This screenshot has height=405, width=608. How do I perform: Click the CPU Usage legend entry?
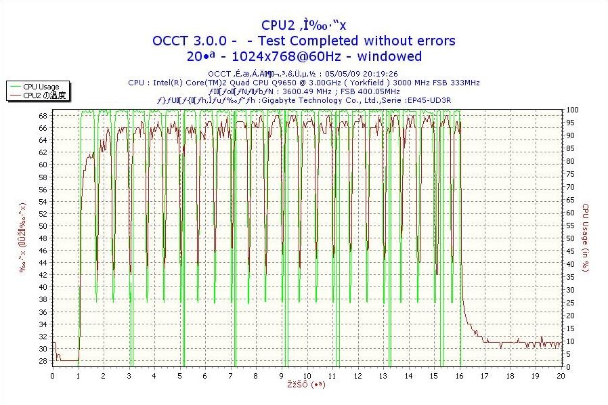(x=41, y=87)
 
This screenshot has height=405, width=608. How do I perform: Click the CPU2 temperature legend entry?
(x=44, y=95)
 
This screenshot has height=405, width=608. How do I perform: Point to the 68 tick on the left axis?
(x=43, y=116)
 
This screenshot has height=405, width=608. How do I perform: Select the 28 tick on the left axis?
(x=43, y=361)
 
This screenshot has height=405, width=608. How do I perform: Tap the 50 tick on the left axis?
(x=43, y=226)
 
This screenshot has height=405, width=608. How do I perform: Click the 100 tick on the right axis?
(x=573, y=110)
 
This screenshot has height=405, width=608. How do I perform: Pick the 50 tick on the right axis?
(x=571, y=238)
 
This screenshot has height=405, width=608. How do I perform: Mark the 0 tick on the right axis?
(x=569, y=366)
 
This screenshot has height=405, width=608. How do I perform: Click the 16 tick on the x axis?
(x=460, y=375)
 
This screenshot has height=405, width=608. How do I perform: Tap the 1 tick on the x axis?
(x=79, y=375)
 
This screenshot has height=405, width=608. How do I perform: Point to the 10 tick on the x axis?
(x=307, y=375)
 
